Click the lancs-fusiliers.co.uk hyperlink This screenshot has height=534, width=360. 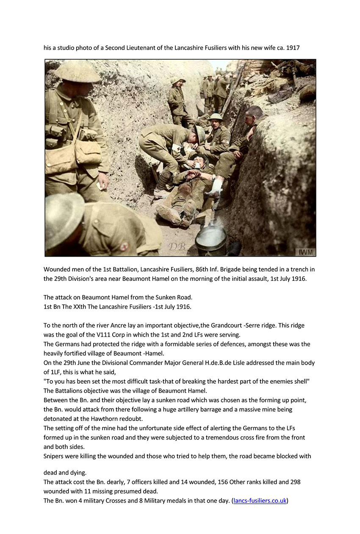point(260,501)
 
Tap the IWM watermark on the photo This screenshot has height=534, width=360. point(306,252)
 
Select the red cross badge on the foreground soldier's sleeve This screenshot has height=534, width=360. point(125,246)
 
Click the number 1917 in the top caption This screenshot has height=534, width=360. point(293,48)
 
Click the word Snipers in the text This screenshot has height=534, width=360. point(55,456)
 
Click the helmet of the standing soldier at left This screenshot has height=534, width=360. point(77,71)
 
